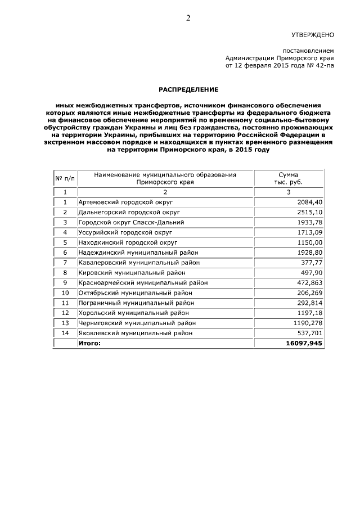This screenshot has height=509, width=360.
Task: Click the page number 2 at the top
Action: coord(188,18)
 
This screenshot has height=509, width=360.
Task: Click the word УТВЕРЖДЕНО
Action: coord(313,34)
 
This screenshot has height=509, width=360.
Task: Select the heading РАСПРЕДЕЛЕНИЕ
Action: coord(188,89)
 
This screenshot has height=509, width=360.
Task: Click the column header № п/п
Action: coord(65,178)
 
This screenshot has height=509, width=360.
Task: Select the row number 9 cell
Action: coord(65,282)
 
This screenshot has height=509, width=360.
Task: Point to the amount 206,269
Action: coord(310,292)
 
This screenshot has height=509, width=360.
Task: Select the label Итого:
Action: coord(90,343)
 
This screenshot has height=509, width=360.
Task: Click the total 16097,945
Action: coord(304,343)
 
